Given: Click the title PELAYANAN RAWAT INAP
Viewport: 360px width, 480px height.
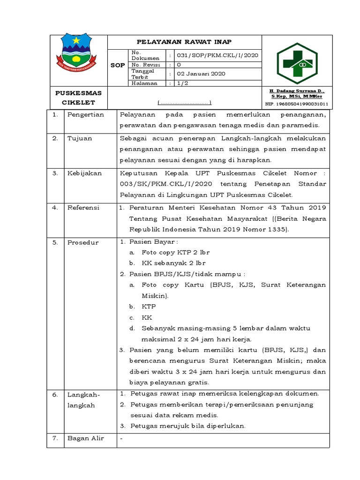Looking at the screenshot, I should coord(184,42).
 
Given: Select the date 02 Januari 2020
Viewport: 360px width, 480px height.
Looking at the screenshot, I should coord(201,74).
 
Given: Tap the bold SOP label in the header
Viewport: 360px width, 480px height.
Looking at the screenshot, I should coord(117,65).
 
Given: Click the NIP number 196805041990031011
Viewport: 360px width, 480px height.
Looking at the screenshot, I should coord(297,104).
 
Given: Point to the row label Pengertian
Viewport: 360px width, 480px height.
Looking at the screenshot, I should coord(85,115).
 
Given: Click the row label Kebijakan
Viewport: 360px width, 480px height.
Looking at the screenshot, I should coord(84,173).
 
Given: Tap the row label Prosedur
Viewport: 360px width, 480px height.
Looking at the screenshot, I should coord(83,242).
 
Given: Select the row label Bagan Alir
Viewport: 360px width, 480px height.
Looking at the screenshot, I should coord(86,438).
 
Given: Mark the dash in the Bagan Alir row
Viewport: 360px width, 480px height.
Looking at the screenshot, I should coord(121,439).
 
